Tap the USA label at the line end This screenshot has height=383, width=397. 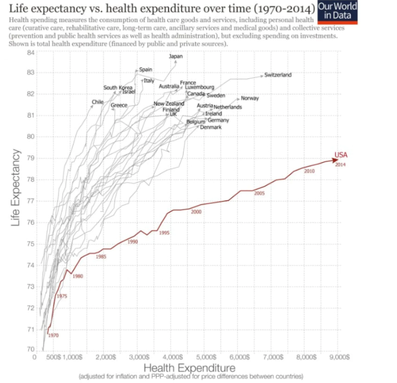(x=342, y=154)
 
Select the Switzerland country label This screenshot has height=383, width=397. (x=278, y=75)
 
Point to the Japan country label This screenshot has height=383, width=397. (x=176, y=56)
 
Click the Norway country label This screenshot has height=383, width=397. (x=250, y=98)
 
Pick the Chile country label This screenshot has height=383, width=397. (x=97, y=102)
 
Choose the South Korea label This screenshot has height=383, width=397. (x=118, y=88)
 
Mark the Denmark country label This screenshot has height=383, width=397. (x=211, y=127)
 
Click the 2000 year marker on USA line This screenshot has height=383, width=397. (x=196, y=212)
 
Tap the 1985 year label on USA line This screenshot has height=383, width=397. (x=101, y=256)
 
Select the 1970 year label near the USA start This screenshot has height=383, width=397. (x=53, y=335)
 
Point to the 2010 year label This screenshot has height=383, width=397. (x=309, y=171)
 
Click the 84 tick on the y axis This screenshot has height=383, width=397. (x=31, y=53)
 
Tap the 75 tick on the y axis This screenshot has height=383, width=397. (x=31, y=244)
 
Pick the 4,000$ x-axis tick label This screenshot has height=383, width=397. (x=172, y=357)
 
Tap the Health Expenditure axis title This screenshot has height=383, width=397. (x=189, y=367)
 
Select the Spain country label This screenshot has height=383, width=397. (x=146, y=69)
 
